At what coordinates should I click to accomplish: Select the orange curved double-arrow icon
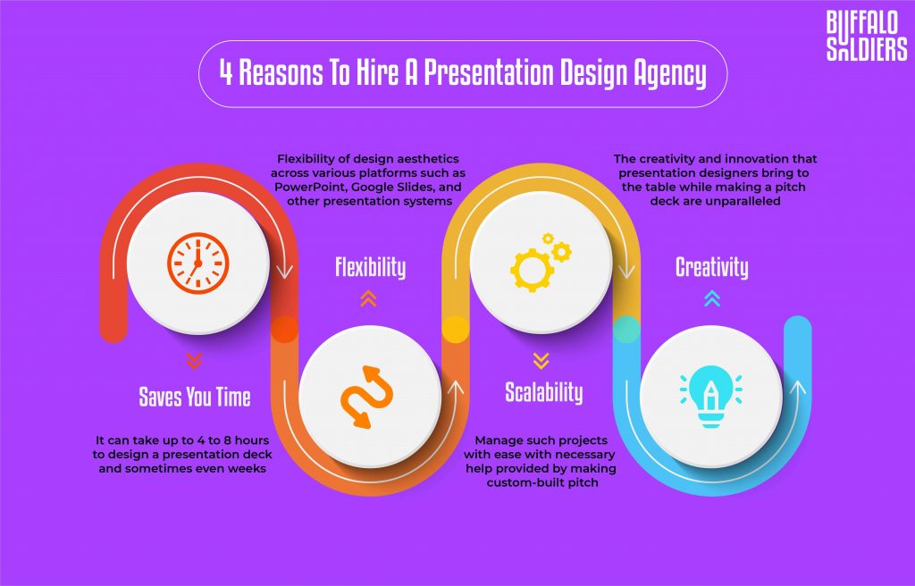coord(370,398)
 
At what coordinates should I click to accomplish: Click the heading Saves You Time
coord(195,397)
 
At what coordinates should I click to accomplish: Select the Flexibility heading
coord(370,267)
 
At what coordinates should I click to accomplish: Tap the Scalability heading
coord(543,392)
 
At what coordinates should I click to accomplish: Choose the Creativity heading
coord(711,267)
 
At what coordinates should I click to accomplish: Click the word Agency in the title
coord(663,73)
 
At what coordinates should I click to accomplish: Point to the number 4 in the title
coord(227,73)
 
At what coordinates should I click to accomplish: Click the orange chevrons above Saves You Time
coord(194,361)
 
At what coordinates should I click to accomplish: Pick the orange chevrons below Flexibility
coord(369,300)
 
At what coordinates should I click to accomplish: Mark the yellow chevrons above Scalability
coord(541,361)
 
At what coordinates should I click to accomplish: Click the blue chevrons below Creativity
coord(711,299)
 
